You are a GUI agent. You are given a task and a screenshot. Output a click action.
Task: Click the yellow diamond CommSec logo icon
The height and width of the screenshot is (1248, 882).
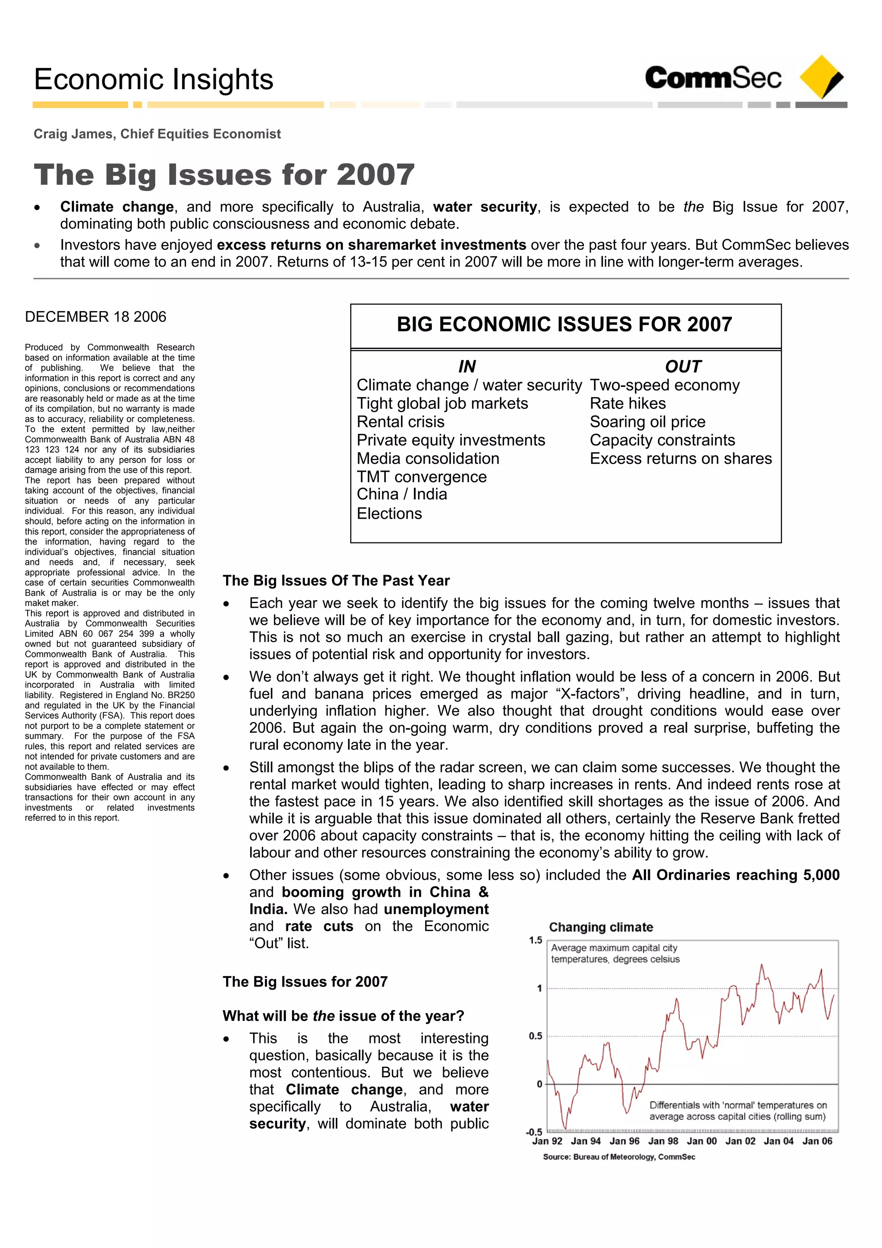click(x=820, y=77)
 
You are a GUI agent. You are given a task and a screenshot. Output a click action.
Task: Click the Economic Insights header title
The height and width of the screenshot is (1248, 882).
click(x=153, y=79)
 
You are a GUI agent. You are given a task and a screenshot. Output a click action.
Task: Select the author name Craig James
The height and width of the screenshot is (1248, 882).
click(x=73, y=134)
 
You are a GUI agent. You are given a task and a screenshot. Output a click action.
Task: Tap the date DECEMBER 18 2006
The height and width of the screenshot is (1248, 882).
click(x=96, y=317)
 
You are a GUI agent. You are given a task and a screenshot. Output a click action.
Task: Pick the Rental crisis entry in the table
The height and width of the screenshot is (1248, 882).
click(x=401, y=422)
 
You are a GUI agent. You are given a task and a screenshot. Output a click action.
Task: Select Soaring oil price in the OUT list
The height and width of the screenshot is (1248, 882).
click(x=647, y=422)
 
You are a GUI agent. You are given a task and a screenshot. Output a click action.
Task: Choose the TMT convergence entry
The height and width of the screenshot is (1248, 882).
click(x=422, y=477)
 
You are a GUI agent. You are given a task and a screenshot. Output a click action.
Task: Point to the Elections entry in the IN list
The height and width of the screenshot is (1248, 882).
click(x=389, y=514)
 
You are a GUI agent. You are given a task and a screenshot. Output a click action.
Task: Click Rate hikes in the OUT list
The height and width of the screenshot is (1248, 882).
click(x=627, y=403)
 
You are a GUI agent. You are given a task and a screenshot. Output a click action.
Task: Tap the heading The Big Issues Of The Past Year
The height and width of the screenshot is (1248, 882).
click(x=336, y=581)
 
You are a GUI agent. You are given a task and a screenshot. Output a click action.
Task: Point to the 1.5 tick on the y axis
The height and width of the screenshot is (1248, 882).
click(x=535, y=940)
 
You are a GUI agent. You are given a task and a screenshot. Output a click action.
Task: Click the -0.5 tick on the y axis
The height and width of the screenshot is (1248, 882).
click(x=534, y=1132)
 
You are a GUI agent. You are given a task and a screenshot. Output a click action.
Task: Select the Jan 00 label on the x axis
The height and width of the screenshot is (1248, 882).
click(x=702, y=1141)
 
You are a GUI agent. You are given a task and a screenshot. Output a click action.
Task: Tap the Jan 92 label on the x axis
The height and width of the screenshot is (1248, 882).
click(x=547, y=1141)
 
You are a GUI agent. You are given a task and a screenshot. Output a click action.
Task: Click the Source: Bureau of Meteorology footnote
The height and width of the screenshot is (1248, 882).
click(x=619, y=1157)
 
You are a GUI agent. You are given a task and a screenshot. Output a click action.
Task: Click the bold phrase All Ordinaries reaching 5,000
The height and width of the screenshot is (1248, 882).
click(x=735, y=875)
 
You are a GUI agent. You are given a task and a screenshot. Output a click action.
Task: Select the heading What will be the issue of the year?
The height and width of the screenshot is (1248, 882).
click(x=343, y=1016)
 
